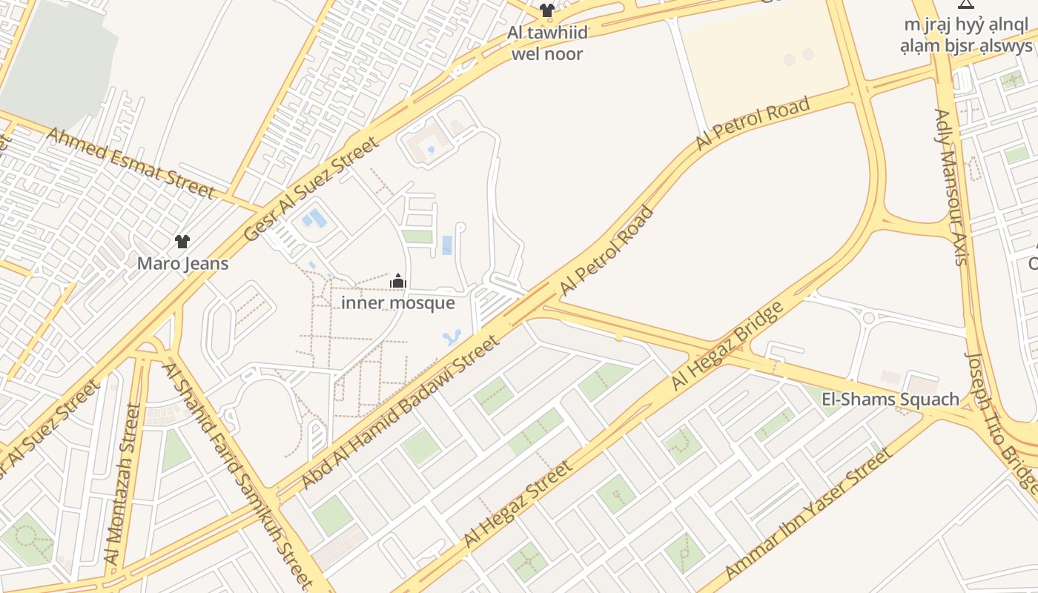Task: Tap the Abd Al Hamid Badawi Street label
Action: click(400, 412)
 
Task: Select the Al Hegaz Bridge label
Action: click(727, 346)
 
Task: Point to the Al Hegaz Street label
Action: click(518, 505)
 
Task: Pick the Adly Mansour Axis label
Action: click(951, 187)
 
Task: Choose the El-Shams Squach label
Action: click(890, 400)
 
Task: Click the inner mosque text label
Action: click(398, 303)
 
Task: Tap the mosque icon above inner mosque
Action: click(398, 282)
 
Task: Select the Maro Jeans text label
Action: click(183, 263)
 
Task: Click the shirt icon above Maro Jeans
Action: click(182, 241)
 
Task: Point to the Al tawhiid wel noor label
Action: click(547, 43)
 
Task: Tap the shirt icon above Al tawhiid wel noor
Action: click(547, 10)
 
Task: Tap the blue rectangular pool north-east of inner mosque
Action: click(447, 245)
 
